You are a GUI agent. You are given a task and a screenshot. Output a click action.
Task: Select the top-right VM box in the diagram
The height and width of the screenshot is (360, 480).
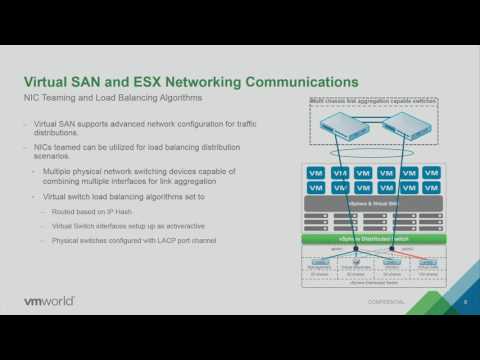tap(431, 172)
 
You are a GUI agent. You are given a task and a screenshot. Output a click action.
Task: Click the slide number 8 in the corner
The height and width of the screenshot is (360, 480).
tap(465, 300)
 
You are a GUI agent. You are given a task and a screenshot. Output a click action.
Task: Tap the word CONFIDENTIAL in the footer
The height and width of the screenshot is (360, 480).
tap(384, 301)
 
